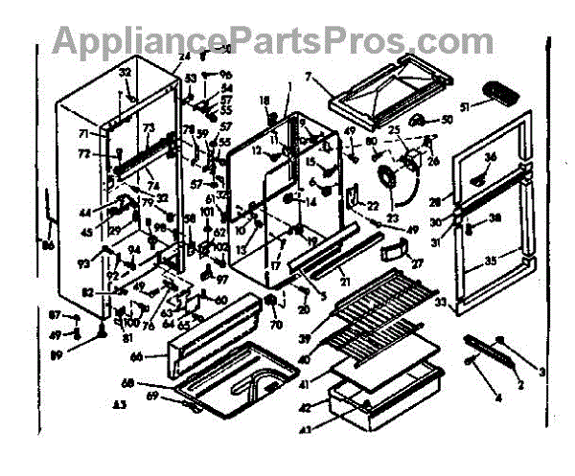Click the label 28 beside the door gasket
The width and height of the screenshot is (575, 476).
435,203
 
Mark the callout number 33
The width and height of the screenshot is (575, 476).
442,304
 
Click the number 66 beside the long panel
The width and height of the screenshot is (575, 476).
137,356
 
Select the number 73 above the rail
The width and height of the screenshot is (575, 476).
149,128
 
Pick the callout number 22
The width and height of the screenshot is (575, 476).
373,205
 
